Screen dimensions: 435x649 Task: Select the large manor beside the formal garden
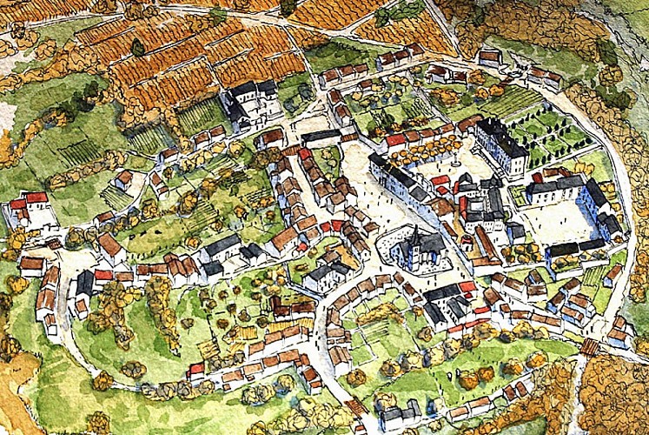pyautogui.click(x=501, y=144)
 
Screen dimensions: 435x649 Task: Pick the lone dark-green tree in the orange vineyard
pyautogui.click(x=137, y=47)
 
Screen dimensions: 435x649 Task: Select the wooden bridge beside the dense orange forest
pyautogui.click(x=592, y=346)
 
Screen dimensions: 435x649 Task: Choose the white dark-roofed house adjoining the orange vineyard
pyautogui.click(x=251, y=104)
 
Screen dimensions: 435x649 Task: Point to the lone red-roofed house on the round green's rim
pyautogui.click(x=196, y=371)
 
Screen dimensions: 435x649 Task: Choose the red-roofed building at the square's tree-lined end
pyautogui.click(x=396, y=139)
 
